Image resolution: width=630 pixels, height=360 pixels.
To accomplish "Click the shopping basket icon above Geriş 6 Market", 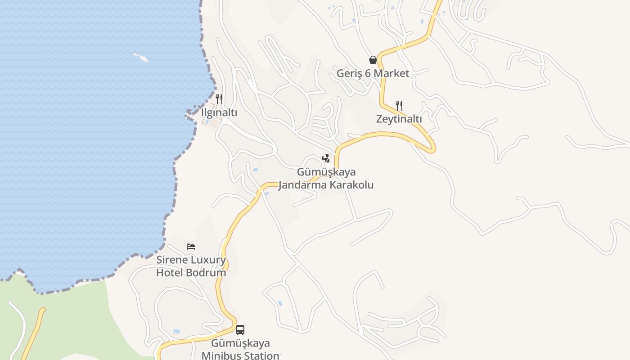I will (373, 60).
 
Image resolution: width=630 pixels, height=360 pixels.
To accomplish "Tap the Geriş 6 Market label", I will (373, 73).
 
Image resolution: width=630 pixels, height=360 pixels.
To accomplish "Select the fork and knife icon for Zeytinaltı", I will (399, 106).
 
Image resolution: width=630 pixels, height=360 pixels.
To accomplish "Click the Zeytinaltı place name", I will (399, 119).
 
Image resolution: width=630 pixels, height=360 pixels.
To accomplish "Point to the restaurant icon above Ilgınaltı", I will (219, 99).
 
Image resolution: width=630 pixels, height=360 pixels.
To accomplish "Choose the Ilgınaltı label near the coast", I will (219, 112).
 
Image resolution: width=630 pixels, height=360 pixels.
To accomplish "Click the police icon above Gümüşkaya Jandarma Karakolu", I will (326, 158).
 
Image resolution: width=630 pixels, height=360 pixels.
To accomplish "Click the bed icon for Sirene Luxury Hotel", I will (191, 247).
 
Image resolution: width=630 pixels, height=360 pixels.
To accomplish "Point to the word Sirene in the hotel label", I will (172, 260).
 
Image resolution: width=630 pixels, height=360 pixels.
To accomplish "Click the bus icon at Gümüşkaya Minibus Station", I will (240, 330).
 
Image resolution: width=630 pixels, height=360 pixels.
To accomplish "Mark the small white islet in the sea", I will (141, 57).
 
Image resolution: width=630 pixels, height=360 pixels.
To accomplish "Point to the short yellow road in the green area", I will (33, 333).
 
